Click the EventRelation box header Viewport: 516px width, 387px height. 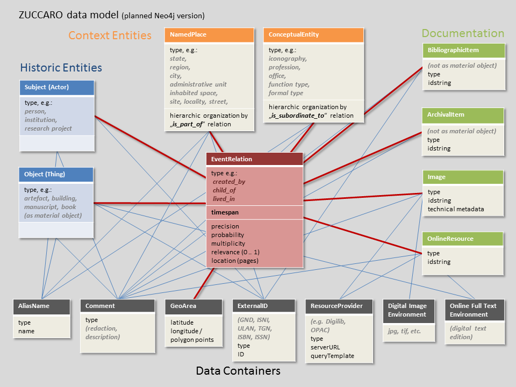[255, 159]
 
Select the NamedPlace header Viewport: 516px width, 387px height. [209, 35]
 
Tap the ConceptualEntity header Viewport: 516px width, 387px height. [313, 35]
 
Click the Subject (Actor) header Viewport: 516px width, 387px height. [57, 87]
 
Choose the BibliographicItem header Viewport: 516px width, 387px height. [464, 51]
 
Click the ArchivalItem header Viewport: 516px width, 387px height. [464, 115]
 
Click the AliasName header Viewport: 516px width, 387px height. [41, 306]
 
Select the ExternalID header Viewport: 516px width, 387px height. [264, 306]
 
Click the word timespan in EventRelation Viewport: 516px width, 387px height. [225, 213]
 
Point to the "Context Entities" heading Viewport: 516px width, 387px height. [110, 35]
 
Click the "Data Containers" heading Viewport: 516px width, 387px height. [238, 371]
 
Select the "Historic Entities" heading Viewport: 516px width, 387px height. [61, 68]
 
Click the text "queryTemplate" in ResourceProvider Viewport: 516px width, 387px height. [332, 356]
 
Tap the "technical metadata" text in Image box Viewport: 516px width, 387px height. [456, 209]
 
